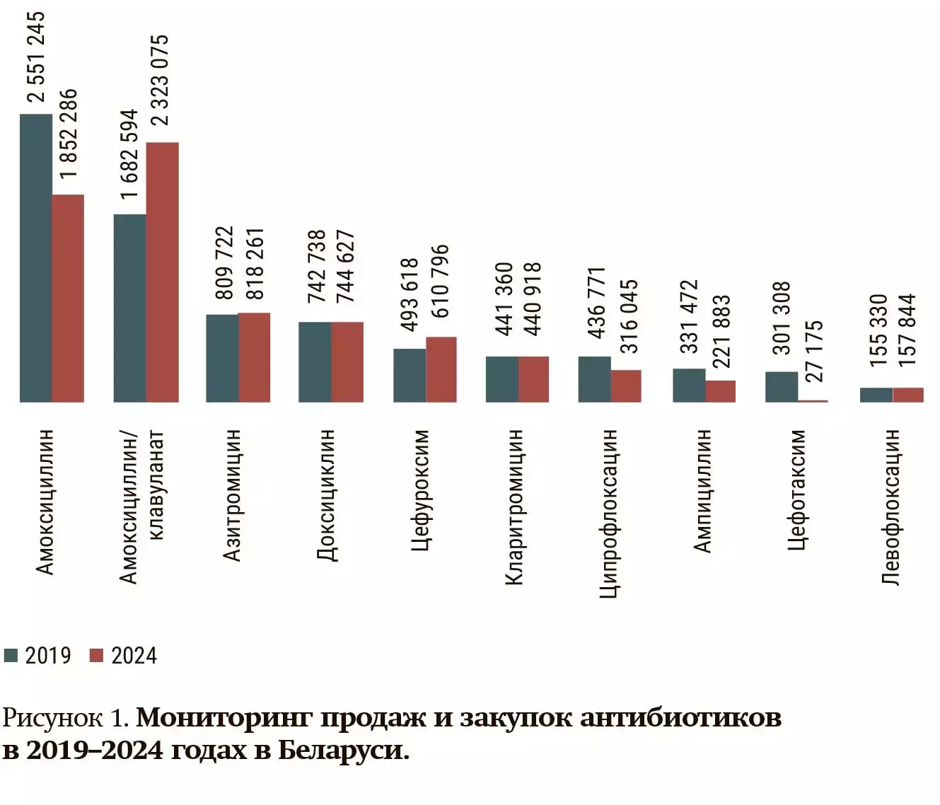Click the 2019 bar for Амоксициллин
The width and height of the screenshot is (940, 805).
[x=36, y=258]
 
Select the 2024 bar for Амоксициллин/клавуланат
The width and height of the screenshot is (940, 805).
[x=162, y=272]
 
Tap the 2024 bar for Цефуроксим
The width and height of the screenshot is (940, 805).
[x=441, y=369]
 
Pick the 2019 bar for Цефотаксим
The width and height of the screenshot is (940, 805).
[x=782, y=387]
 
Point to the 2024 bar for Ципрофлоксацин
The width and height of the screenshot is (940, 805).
[x=626, y=386]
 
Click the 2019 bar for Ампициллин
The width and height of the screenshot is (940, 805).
[x=689, y=386]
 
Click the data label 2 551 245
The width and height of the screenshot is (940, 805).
[x=36, y=57]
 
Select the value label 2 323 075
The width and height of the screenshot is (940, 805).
[x=161, y=80]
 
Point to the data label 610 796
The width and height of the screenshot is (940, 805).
[x=440, y=281]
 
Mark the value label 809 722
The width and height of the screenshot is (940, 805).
[x=224, y=262]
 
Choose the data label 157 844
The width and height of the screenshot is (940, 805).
[x=907, y=330]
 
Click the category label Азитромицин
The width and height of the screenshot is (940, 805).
[x=233, y=494]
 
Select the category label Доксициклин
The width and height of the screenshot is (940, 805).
[x=326, y=494]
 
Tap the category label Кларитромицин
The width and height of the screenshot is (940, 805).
[x=514, y=506]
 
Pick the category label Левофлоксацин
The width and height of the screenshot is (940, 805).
[x=891, y=506]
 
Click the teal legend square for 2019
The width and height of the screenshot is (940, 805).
[x=11, y=655]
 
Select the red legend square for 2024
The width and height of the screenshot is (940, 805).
[x=96, y=655]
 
